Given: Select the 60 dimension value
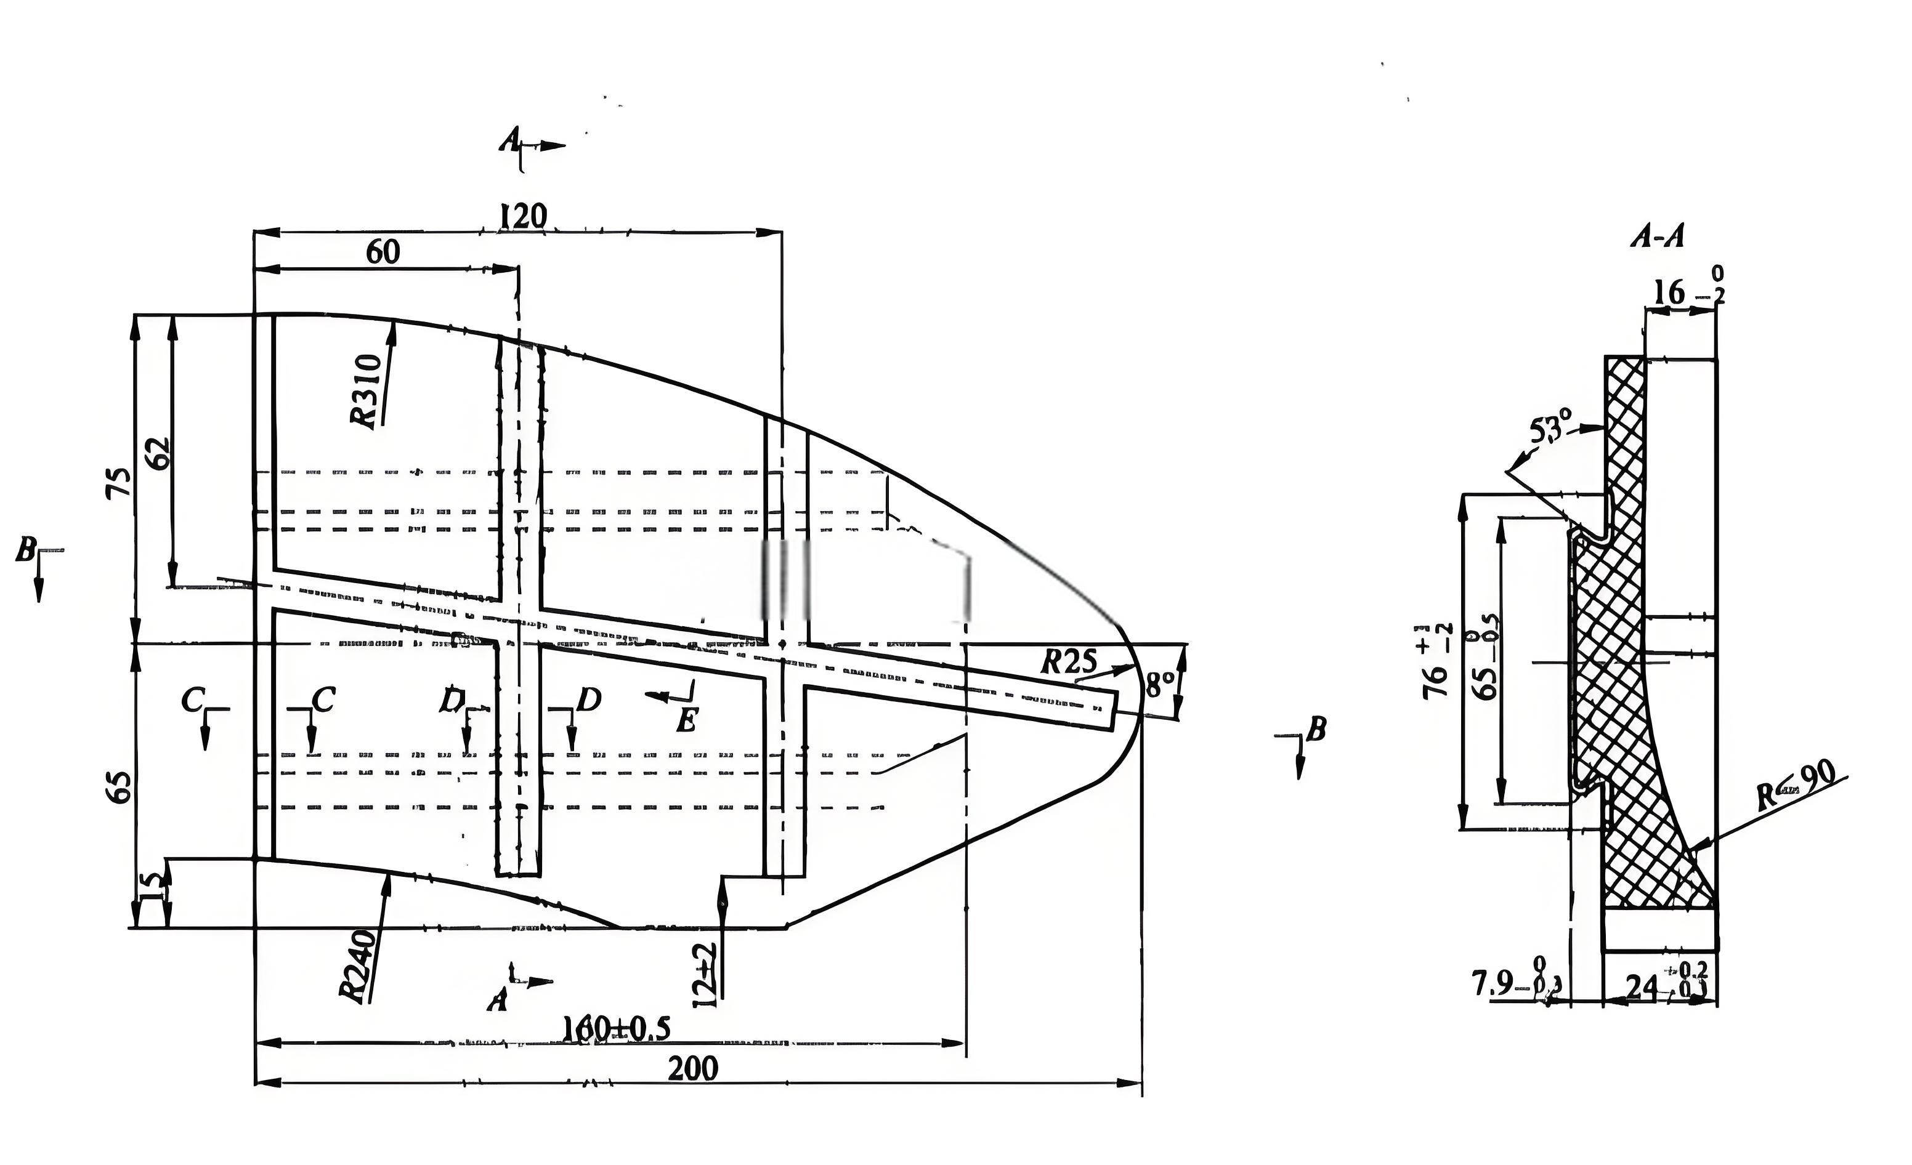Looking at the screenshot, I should (383, 251).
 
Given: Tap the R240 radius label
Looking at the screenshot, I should (358, 965).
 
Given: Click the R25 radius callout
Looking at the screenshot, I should (1069, 661).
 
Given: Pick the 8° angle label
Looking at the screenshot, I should (1160, 684).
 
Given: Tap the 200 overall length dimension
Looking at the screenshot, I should (693, 1069).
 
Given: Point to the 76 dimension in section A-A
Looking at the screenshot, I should (1436, 660).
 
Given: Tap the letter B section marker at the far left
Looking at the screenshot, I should (26, 552).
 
